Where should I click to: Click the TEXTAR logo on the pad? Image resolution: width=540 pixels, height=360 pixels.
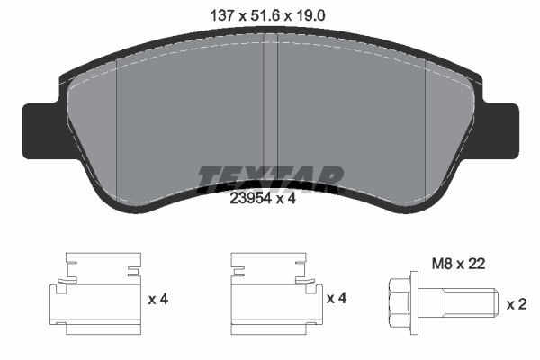[270, 177]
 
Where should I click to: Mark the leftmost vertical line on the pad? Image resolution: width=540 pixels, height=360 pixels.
[118, 135]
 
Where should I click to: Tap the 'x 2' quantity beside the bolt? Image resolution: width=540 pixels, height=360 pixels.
[517, 304]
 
